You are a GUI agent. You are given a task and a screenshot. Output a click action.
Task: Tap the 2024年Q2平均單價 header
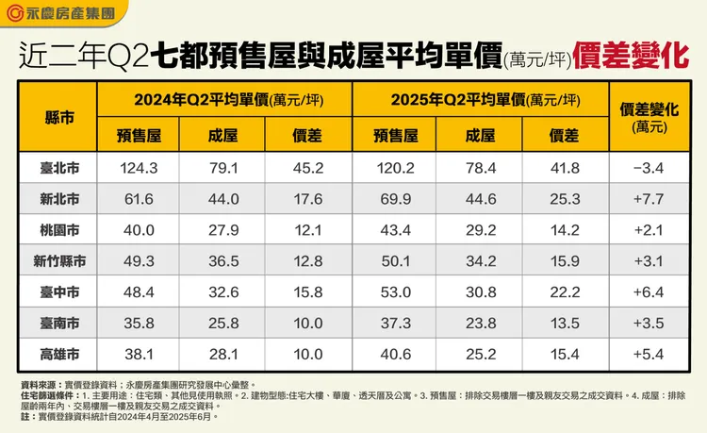coord(226,100)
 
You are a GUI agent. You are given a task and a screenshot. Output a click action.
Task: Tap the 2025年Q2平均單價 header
coord(479,100)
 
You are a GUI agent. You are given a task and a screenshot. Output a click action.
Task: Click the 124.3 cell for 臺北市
coord(138,169)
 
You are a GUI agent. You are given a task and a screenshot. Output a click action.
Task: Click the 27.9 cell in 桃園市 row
coord(223,230)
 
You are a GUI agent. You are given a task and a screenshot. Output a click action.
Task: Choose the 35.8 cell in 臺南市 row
coord(138,323)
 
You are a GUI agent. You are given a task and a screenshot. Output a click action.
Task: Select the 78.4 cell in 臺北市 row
coord(479,169)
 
